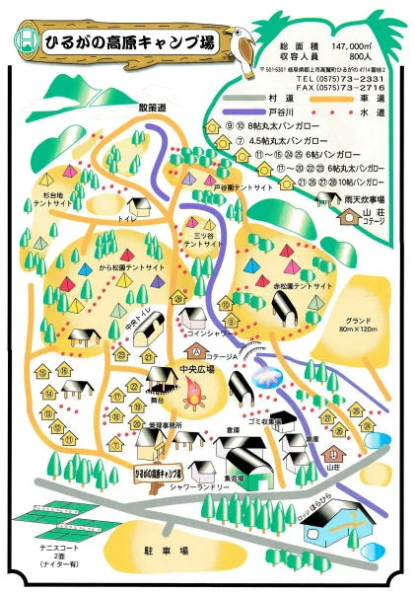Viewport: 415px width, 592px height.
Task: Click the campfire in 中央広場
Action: pos(190,398)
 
